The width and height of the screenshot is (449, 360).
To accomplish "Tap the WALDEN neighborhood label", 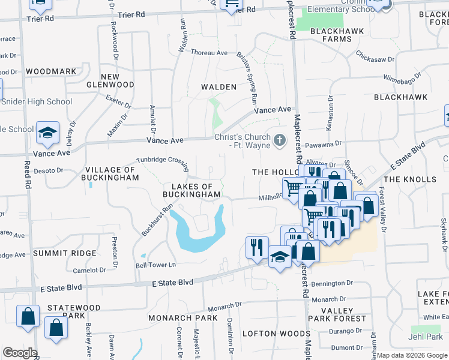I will (x=218, y=87).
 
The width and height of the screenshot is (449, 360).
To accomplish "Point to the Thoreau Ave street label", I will (x=209, y=53).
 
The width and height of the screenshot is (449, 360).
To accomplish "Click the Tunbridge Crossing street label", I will (x=162, y=160).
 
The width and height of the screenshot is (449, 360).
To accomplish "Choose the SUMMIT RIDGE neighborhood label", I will (x=65, y=253).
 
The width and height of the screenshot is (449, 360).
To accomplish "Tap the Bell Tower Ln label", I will (x=156, y=265).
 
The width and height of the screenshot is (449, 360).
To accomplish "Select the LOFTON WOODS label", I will (x=276, y=333).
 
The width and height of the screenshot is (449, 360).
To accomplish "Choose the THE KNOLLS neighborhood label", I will (x=410, y=179).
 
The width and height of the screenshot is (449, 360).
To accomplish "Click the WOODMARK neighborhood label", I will (x=52, y=71).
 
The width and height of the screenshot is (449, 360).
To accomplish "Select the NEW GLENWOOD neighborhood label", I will (x=118, y=80).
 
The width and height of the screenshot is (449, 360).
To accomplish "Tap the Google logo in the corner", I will (x=20, y=353).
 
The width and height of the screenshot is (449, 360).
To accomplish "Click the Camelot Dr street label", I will (x=89, y=270).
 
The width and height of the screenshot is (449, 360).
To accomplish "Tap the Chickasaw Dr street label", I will (x=375, y=59).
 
